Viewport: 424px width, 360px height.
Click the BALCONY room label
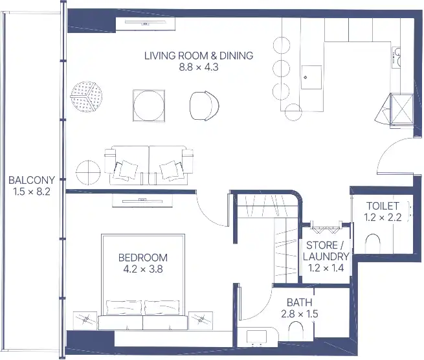click(32, 180)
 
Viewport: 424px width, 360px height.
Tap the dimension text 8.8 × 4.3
click(199, 67)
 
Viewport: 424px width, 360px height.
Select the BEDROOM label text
click(143, 258)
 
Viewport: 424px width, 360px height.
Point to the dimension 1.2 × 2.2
click(383, 217)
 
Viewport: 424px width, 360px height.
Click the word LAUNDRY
click(326, 256)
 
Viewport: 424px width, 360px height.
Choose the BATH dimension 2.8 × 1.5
click(300, 314)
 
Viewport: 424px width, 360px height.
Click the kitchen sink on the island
click(311, 77)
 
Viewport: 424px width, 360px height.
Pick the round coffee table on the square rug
click(148, 106)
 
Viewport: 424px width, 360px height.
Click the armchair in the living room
click(204, 106)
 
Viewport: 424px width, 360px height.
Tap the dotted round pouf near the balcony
click(86, 96)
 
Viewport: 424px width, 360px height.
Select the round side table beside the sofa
click(88, 173)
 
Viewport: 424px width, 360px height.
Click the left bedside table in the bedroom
click(85, 321)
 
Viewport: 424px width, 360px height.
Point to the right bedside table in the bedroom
click(201, 321)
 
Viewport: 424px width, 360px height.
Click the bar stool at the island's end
click(293, 112)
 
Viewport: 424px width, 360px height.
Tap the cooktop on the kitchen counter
click(396, 58)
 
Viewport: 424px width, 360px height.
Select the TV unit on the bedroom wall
click(142, 201)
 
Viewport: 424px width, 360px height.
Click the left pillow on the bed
click(124, 308)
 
